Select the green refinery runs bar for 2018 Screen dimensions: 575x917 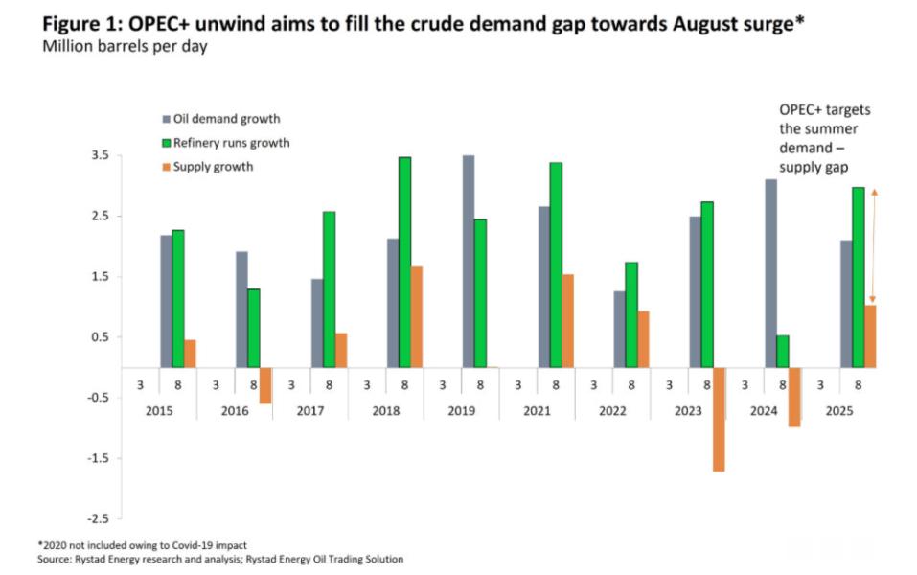point(404,262)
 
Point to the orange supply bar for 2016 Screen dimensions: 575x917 point(265,385)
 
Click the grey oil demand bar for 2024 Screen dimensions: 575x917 point(770,273)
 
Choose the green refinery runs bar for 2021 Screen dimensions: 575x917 point(556,264)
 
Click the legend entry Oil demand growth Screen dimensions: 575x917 point(220,119)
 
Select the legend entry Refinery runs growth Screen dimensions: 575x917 point(225,143)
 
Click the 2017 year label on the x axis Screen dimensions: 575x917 point(309,409)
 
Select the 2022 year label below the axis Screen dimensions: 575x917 point(612,409)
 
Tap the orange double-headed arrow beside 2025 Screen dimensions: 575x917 point(874,245)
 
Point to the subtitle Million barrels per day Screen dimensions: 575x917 point(124,47)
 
